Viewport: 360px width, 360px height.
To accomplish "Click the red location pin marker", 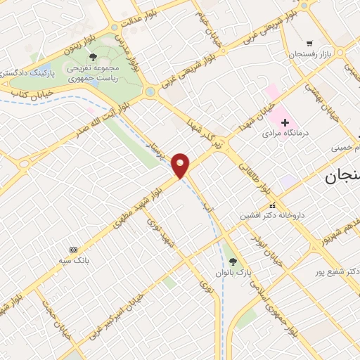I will point(181,165).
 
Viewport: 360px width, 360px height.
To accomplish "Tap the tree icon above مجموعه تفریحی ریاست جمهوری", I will point(93,57).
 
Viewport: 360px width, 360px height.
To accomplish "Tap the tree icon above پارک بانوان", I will point(233,260).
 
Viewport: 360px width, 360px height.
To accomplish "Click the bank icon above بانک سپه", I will point(74,250).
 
